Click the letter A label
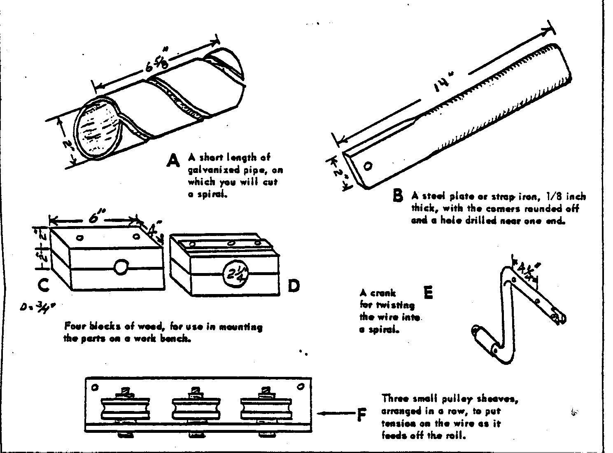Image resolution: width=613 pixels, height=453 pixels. click(x=173, y=160)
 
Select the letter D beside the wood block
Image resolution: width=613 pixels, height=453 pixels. click(x=293, y=285)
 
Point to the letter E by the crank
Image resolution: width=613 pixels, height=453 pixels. click(x=428, y=292)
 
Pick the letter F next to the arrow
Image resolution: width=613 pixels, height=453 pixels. click(x=361, y=415)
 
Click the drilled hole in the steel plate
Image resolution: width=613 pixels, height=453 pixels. click(x=368, y=166)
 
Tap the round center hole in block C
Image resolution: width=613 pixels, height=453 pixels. click(x=121, y=267)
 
